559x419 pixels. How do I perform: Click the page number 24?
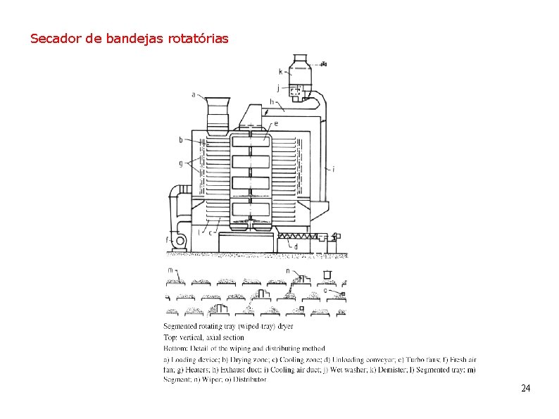tap(525, 389)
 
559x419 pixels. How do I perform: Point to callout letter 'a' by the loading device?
tap(194, 94)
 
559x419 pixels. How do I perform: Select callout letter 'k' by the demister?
tap(281, 71)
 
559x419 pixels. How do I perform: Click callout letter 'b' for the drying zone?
tap(181, 140)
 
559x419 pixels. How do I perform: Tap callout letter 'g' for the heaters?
tap(181, 163)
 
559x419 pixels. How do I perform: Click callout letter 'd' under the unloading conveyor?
tap(295, 247)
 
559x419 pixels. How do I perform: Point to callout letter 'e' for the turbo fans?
tap(275, 123)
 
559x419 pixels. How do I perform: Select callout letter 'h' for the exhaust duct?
tap(272, 101)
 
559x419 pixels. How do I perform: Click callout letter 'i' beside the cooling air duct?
tap(333, 169)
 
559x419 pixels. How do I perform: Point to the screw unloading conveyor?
tap(296, 237)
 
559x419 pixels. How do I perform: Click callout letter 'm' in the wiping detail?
tap(170, 270)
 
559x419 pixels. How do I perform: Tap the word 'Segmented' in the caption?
tap(180, 326)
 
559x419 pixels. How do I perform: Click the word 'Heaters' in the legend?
tap(189, 370)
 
